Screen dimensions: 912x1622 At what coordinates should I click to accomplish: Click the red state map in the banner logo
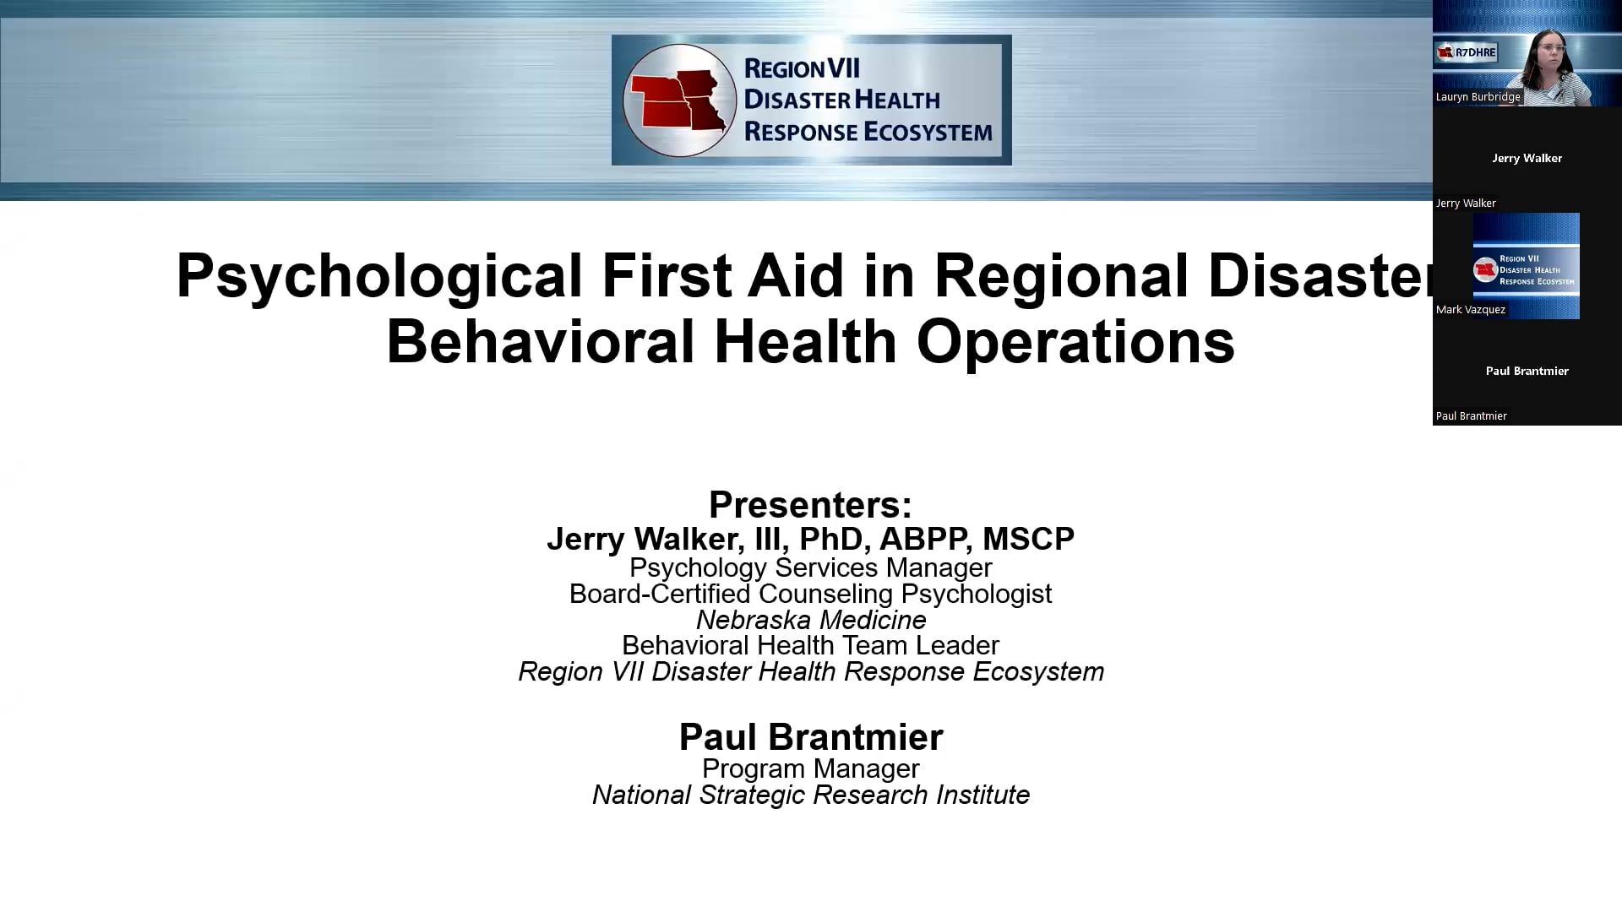coord(678,100)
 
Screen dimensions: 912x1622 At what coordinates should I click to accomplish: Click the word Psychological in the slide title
coord(379,275)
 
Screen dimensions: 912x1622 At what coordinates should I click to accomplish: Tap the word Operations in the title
coord(1075,342)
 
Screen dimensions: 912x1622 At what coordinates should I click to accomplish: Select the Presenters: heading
coord(810,505)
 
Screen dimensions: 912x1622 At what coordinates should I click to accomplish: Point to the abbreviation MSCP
coord(1028,539)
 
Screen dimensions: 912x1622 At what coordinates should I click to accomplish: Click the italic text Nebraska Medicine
coord(811,620)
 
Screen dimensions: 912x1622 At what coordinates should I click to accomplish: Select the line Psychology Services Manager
coord(811,567)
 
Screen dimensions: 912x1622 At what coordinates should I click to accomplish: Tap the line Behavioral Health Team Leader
coord(811,645)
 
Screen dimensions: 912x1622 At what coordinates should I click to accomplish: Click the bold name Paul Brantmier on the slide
coord(811,737)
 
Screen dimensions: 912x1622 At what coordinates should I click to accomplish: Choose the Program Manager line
coord(811,768)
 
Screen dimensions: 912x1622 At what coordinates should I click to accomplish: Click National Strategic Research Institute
coord(811,795)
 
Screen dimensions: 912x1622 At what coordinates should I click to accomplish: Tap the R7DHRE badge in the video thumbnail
coord(1467,52)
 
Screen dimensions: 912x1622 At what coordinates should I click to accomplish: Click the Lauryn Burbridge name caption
coord(1478,97)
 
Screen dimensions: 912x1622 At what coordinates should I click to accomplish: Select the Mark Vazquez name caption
coord(1471,310)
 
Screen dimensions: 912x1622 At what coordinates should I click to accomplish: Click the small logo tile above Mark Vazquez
coord(1527,266)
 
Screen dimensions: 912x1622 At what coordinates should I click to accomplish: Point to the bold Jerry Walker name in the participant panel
coord(1527,158)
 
